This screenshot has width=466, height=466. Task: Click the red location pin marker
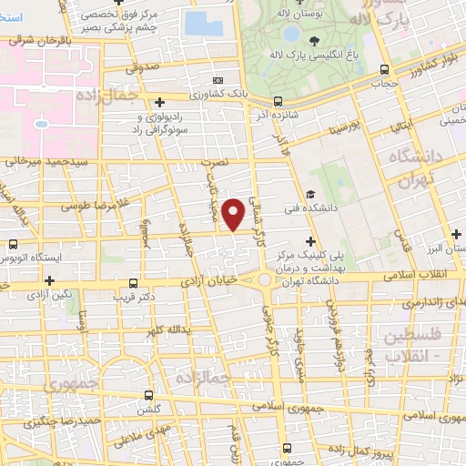click(x=235, y=213)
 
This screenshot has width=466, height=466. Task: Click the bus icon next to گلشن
click(x=149, y=396)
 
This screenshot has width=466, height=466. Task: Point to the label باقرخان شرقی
click(x=35, y=39)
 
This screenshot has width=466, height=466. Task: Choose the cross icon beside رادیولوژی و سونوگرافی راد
click(x=159, y=101)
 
